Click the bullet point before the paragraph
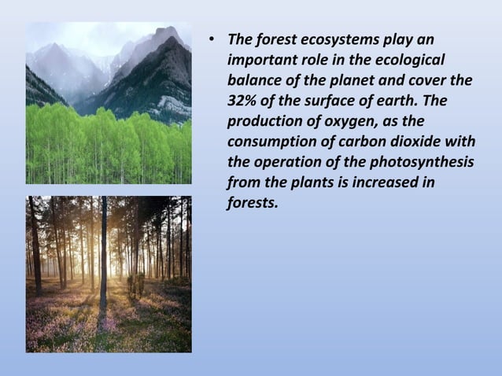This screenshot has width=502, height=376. (x=211, y=40)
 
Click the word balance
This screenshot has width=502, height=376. (x=253, y=80)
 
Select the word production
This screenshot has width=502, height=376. (x=263, y=121)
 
